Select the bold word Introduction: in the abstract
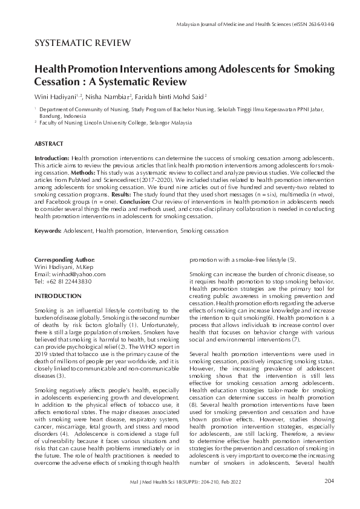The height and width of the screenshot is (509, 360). [x=52, y=157]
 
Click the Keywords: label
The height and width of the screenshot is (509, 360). [x=48, y=231]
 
